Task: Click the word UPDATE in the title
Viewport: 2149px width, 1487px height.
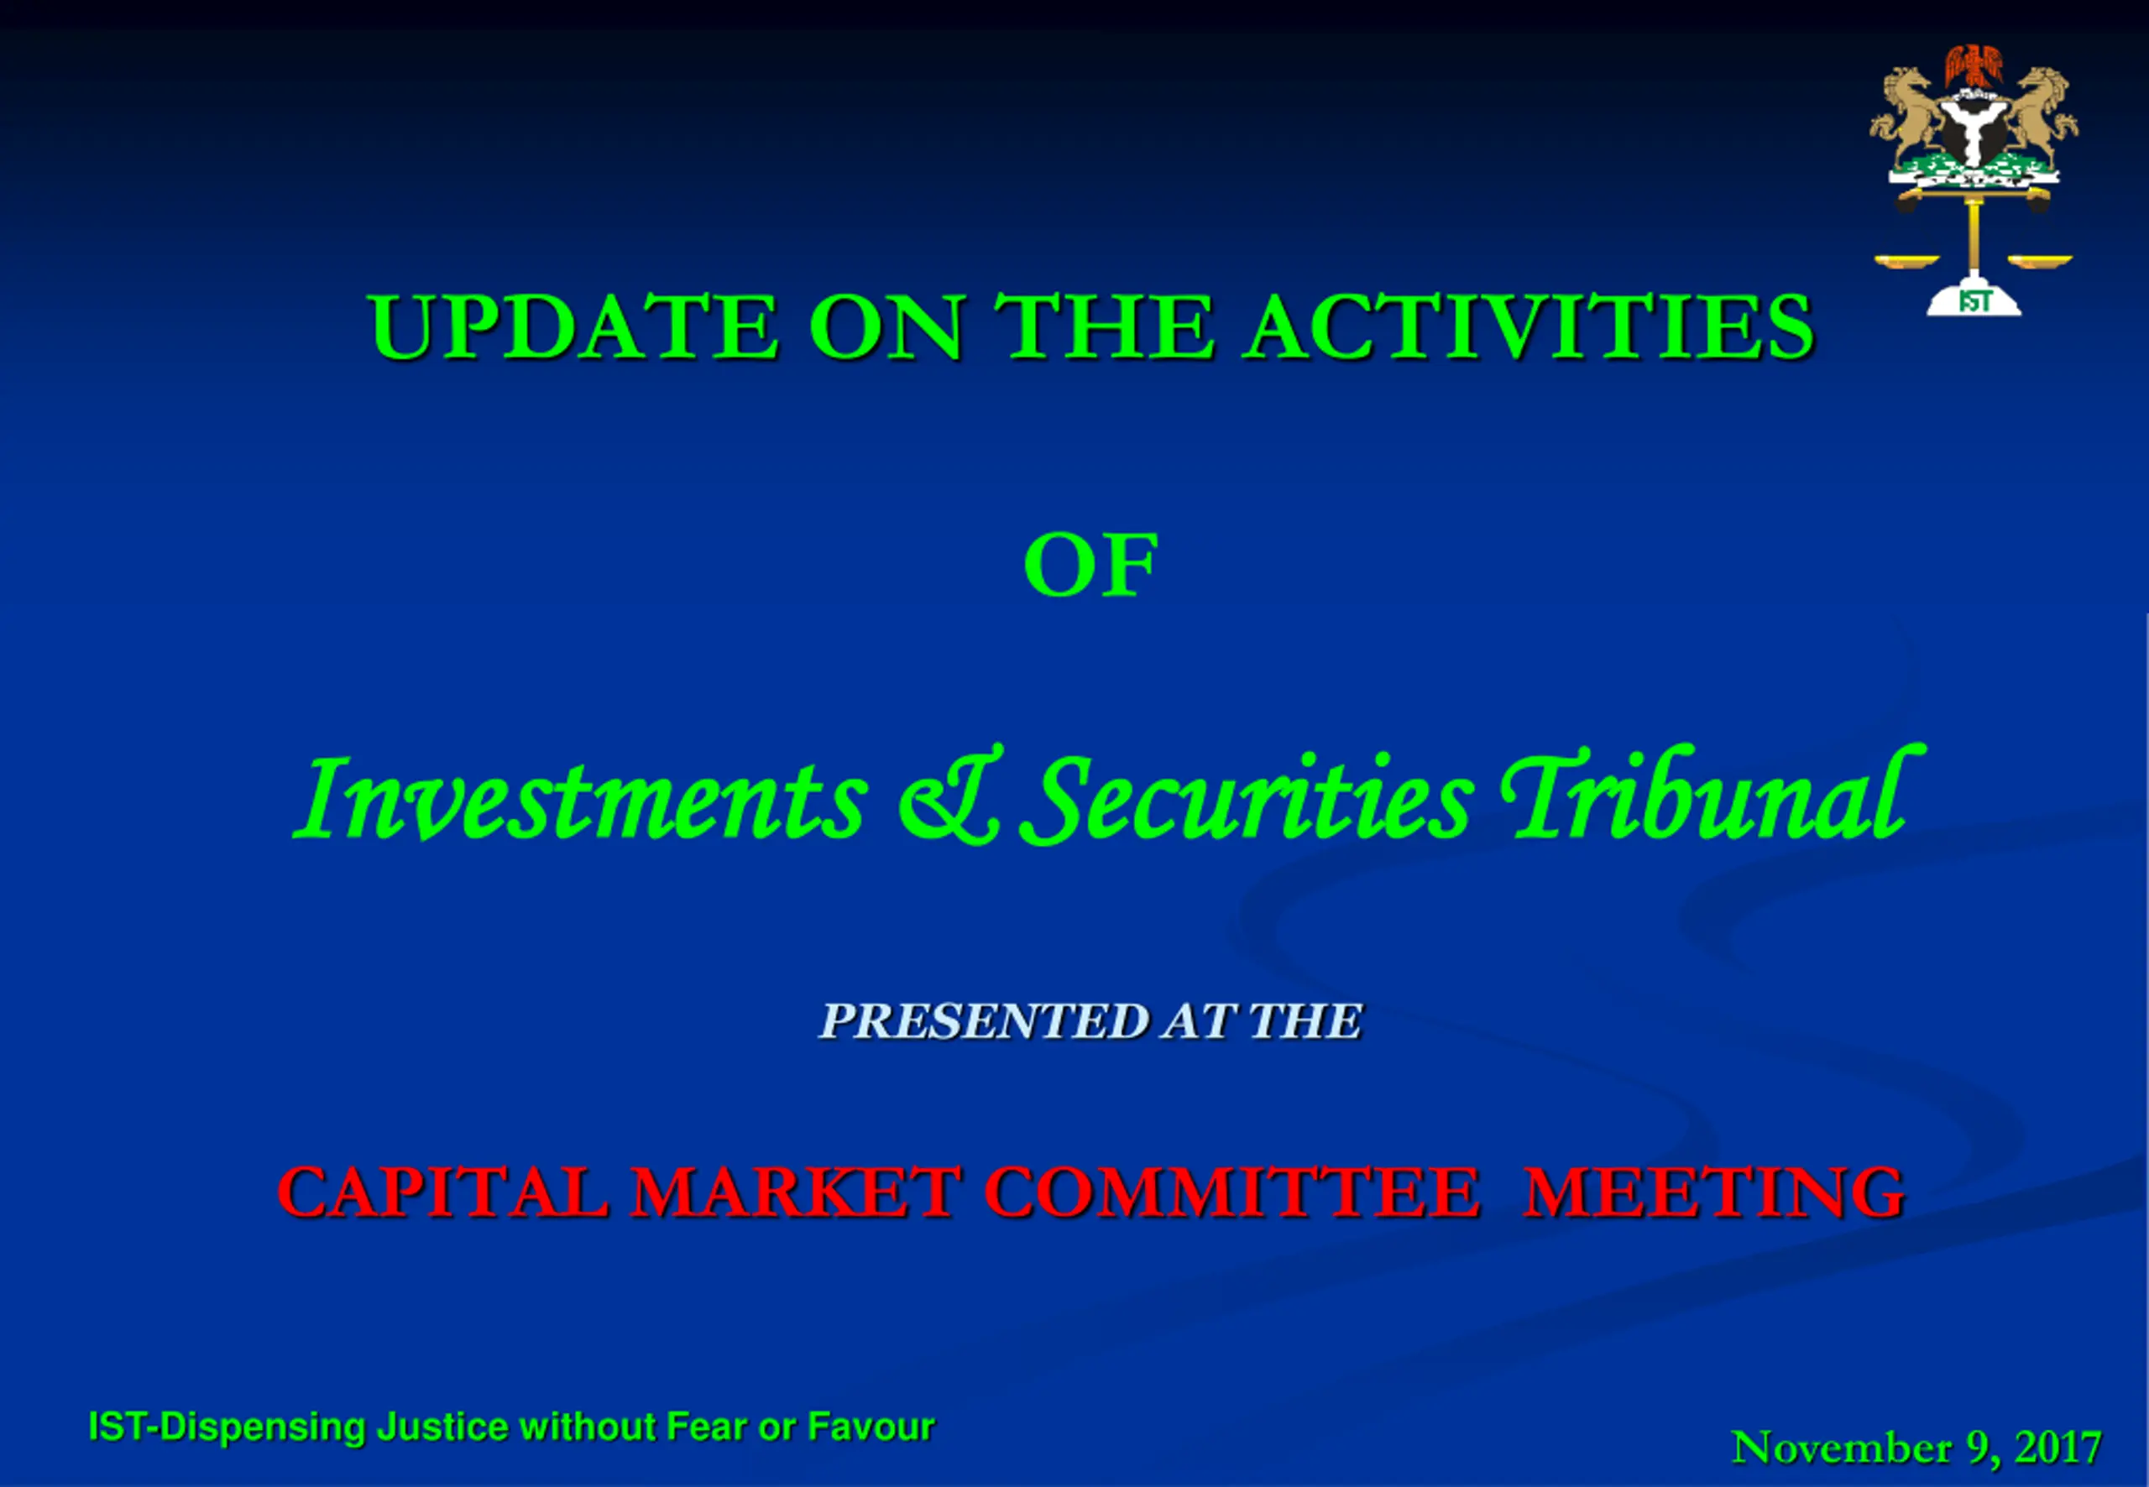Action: pyautogui.click(x=573, y=326)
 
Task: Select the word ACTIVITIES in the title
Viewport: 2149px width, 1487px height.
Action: pyautogui.click(x=1530, y=326)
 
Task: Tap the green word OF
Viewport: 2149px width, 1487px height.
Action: pyautogui.click(x=1091, y=565)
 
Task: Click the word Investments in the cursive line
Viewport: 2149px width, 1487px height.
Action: pyautogui.click(x=581, y=797)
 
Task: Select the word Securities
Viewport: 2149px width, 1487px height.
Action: pyautogui.click(x=1247, y=797)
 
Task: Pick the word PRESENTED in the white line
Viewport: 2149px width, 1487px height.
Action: pyautogui.click(x=984, y=1021)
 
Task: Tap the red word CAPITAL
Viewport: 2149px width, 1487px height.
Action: pyautogui.click(x=443, y=1192)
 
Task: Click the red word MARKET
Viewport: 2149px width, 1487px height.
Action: pyautogui.click(x=795, y=1192)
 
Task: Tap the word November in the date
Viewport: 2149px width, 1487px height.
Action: pyautogui.click(x=1842, y=1448)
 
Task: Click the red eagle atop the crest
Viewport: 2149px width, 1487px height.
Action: pyautogui.click(x=1974, y=67)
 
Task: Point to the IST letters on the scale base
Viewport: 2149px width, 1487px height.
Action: pyautogui.click(x=1974, y=302)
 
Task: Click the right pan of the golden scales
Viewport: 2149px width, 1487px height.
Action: pyautogui.click(x=2040, y=262)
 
